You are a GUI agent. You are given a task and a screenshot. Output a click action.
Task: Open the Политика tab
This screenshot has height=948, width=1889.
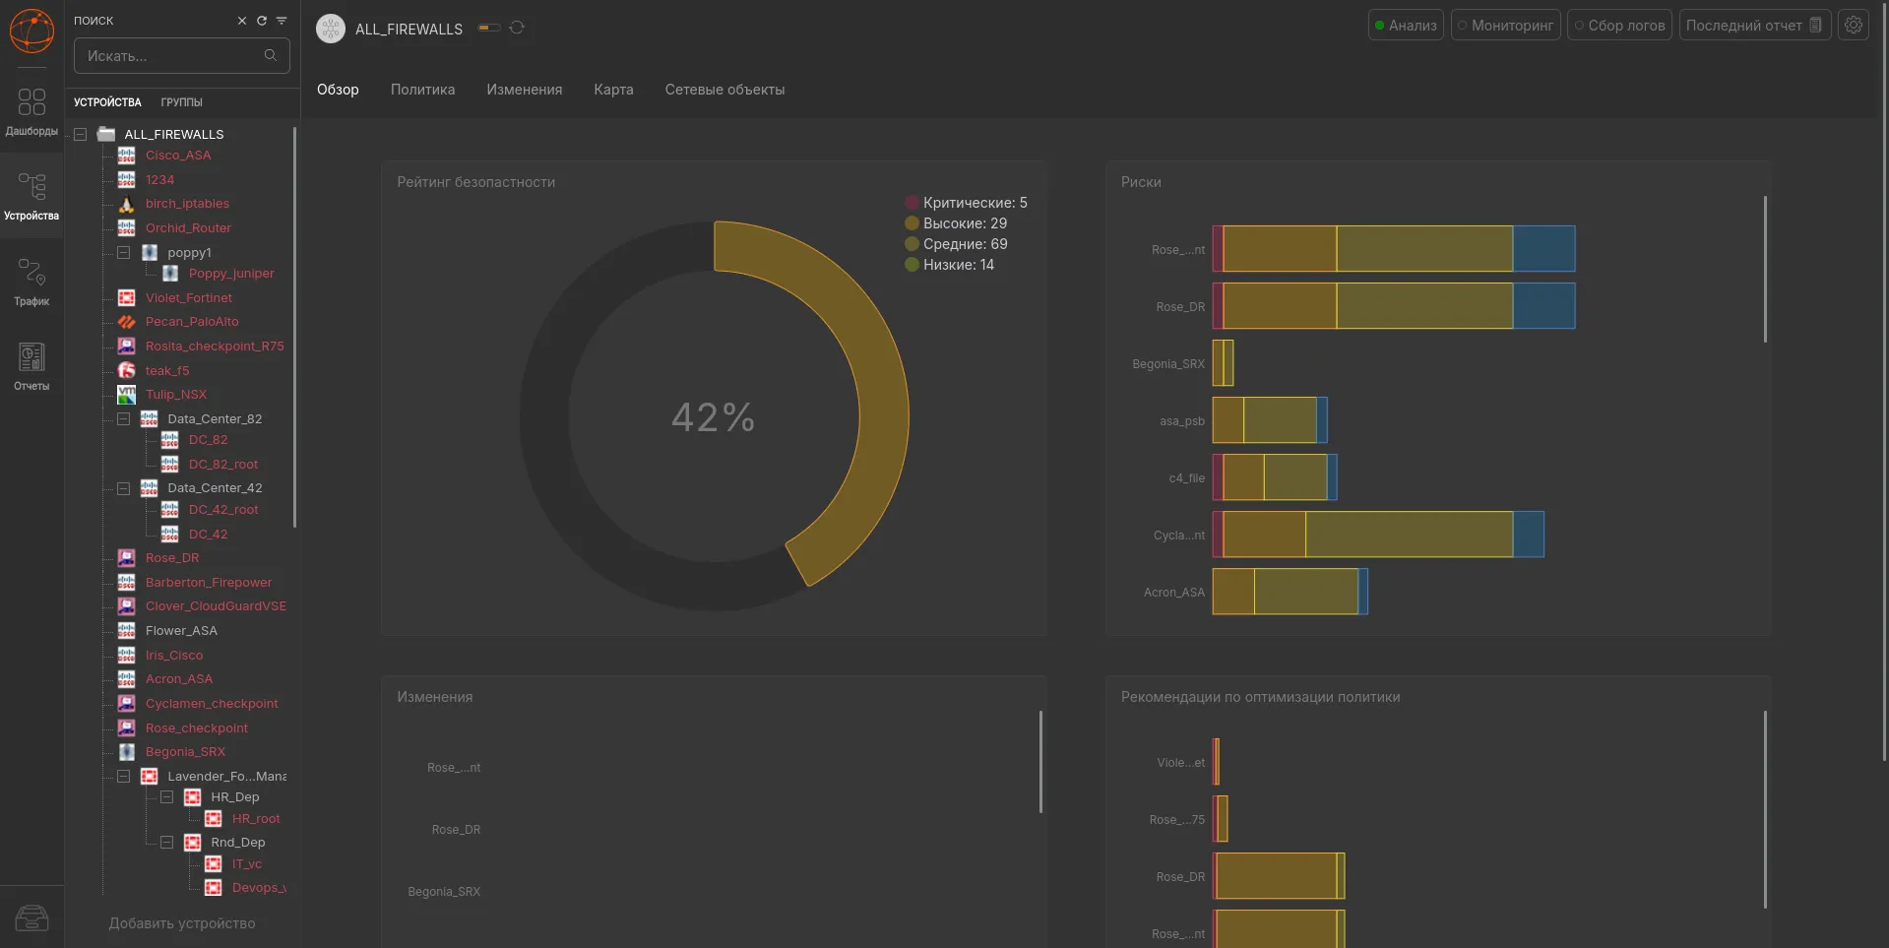pos(422,90)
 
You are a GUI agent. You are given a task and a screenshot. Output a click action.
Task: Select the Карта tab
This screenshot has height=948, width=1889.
pos(613,90)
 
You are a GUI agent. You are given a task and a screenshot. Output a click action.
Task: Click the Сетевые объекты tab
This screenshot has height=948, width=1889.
pos(724,90)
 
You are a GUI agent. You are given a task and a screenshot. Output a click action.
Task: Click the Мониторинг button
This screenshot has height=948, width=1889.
pos(1505,26)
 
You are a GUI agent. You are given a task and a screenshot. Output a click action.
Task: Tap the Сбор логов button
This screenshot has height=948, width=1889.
pos(1619,26)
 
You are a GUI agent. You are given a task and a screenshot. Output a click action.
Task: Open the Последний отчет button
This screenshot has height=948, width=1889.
pos(1754,26)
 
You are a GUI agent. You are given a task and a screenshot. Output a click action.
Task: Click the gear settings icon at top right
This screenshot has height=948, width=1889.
pos(1854,26)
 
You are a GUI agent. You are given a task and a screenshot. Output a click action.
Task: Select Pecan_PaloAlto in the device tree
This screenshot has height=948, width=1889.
pos(192,322)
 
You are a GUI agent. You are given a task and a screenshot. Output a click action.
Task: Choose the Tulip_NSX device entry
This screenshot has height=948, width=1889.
pos(176,395)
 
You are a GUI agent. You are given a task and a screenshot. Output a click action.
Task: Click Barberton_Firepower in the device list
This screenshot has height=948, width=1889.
pos(209,583)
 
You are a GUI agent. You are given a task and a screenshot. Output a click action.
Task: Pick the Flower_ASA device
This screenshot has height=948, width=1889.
pos(181,631)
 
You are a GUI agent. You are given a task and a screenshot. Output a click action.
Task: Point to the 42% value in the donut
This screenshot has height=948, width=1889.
pos(714,417)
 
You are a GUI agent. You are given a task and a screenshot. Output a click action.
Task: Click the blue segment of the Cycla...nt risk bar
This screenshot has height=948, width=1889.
pos(1528,535)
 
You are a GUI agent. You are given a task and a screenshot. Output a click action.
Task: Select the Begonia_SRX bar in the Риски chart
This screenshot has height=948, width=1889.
pos(1223,363)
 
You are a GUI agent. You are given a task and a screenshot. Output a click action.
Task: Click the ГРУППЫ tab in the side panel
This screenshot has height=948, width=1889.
pos(182,102)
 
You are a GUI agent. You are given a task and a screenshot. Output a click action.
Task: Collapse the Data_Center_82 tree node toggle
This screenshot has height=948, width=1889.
pos(124,419)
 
